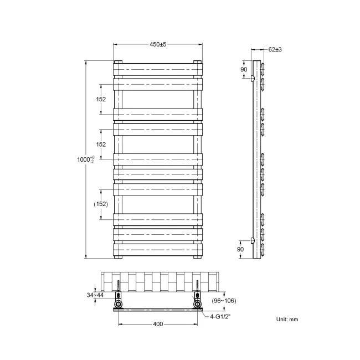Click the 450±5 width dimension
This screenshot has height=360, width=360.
(x=158, y=44)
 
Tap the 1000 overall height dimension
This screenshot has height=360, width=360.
(x=81, y=160)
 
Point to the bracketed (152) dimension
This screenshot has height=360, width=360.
(x=100, y=203)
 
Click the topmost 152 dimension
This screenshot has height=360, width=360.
(x=101, y=99)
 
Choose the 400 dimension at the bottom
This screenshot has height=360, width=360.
(x=158, y=324)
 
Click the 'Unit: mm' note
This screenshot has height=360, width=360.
(x=287, y=320)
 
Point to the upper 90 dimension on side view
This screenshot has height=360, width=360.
(x=243, y=69)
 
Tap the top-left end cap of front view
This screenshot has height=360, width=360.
(x=118, y=62)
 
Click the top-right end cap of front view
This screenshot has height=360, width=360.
(x=198, y=62)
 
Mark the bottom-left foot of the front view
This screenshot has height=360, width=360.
(x=118, y=257)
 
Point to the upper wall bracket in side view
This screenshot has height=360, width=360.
(x=253, y=79)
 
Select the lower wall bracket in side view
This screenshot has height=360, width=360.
(x=253, y=240)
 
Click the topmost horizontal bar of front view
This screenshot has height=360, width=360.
(x=158, y=69)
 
